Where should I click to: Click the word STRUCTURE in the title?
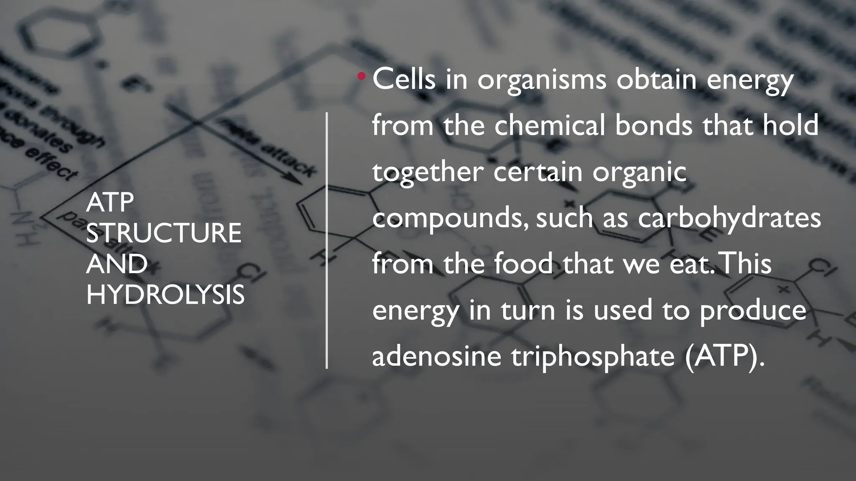point(163,233)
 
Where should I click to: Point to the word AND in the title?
point(117,264)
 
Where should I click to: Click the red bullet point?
point(362,76)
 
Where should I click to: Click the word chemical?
point(550,125)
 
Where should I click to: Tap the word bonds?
point(654,125)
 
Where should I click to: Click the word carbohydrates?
point(729,218)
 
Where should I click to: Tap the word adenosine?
point(436,356)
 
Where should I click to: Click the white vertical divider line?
point(327,240)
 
